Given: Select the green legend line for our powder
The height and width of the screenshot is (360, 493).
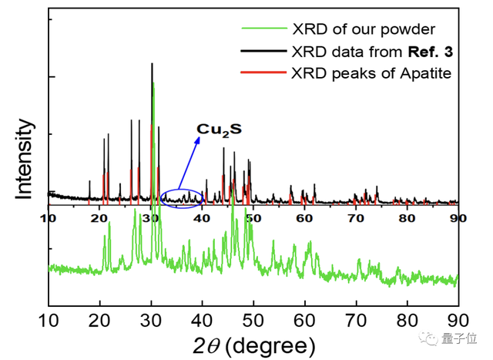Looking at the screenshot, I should pyautogui.click(x=261, y=30).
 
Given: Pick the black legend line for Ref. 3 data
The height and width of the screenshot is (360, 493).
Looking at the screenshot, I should pyautogui.click(x=261, y=52).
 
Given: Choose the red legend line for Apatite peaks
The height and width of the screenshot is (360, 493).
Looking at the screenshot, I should pyautogui.click(x=261, y=74).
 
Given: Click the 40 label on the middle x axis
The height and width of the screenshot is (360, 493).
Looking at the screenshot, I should pyautogui.click(x=202, y=217).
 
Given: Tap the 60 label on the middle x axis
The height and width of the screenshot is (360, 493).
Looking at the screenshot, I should pyautogui.click(x=305, y=217).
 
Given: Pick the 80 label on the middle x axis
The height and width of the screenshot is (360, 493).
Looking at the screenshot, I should pyautogui.click(x=407, y=217).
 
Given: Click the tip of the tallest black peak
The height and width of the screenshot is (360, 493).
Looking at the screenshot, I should pyautogui.click(x=152, y=64).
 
